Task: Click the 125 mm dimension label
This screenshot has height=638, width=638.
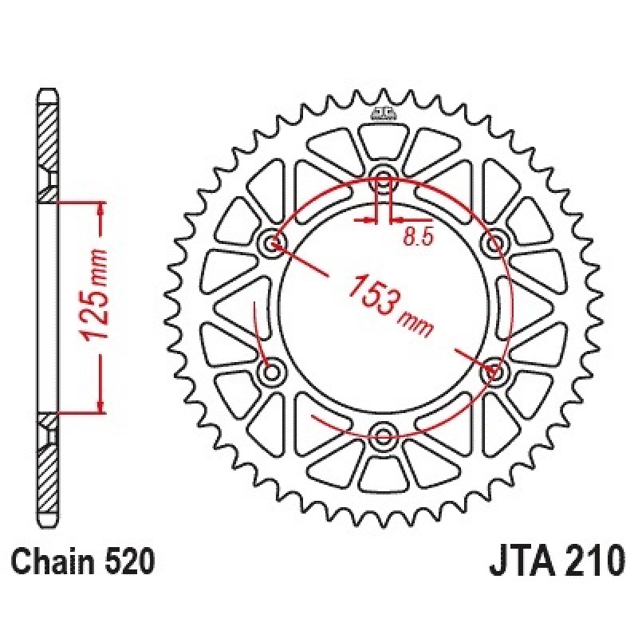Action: (x=95, y=293)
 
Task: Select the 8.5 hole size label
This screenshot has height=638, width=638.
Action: (x=417, y=237)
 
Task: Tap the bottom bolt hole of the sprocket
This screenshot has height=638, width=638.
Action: (x=383, y=435)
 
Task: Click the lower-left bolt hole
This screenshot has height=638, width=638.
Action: (x=272, y=371)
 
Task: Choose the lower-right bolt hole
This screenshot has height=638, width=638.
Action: (x=494, y=371)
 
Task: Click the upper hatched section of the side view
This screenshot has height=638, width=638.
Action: (x=47, y=152)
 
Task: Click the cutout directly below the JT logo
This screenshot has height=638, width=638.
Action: (x=383, y=142)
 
